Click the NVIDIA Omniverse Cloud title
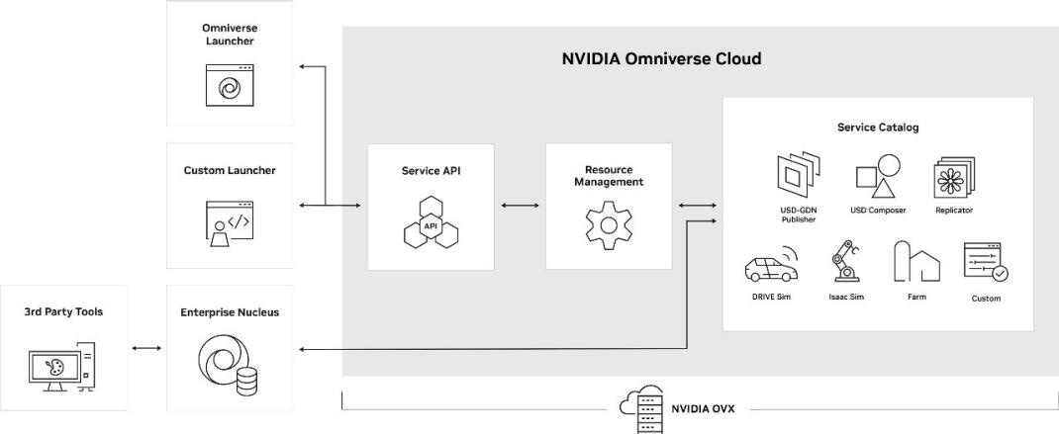(661, 59)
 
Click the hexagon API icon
(431, 224)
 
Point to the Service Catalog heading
(878, 128)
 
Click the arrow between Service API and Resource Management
(520, 206)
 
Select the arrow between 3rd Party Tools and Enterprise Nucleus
(146, 348)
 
